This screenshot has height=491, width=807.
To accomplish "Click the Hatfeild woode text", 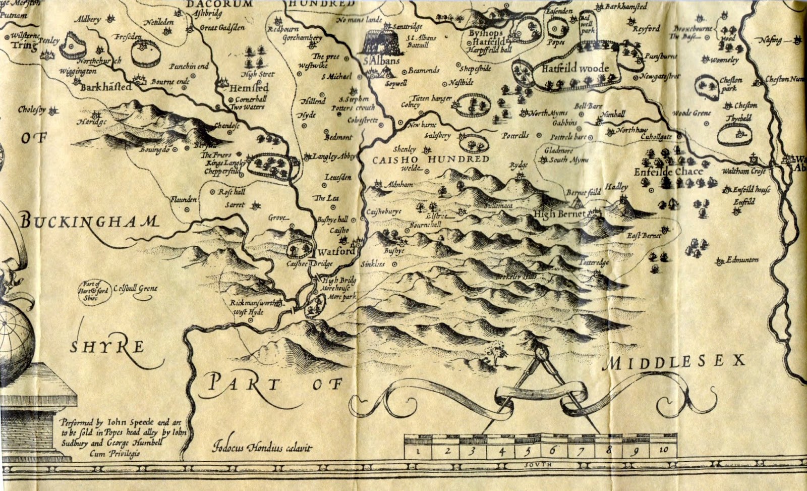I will coord(575,69).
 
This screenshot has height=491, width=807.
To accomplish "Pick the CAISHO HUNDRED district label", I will coord(431,159).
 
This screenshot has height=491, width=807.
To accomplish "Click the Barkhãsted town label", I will coord(105,87).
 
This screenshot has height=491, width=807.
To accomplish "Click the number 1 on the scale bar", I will coord(418,451).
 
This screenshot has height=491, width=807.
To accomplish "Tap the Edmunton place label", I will coord(742,260).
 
